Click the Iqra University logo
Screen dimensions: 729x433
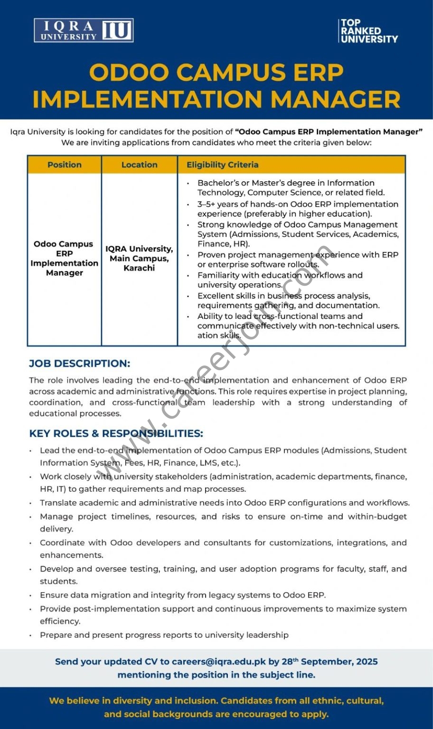pyautogui.click(x=84, y=30)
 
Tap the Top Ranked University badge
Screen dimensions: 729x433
pyautogui.click(x=369, y=31)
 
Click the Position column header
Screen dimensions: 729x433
pyautogui.click(x=65, y=165)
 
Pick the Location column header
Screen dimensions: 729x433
pyautogui.click(x=139, y=165)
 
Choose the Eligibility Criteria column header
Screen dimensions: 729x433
pyautogui.click(x=222, y=165)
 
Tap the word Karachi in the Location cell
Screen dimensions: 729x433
pyautogui.click(x=139, y=268)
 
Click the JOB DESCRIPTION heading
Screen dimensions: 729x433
pyautogui.click(x=79, y=364)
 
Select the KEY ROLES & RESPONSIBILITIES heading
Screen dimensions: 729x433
pyautogui.click(x=116, y=433)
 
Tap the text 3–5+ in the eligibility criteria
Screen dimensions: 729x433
pyautogui.click(x=206, y=204)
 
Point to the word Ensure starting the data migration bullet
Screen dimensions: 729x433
pyautogui.click(x=54, y=595)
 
